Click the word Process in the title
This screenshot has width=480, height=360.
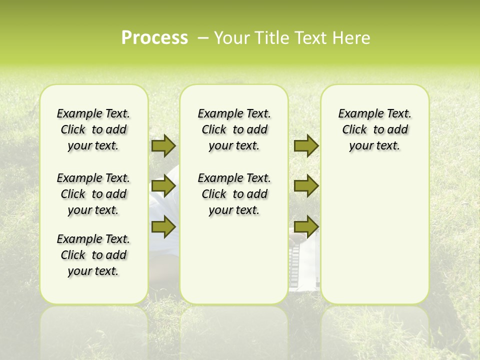pyautogui.click(x=154, y=38)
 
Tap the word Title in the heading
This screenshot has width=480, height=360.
pyautogui.click(x=274, y=38)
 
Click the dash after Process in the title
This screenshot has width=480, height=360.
pyautogui.click(x=203, y=38)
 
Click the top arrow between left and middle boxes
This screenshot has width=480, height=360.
pyautogui.click(x=163, y=145)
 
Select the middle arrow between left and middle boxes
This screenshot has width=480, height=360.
pyautogui.click(x=163, y=186)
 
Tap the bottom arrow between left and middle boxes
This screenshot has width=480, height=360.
pyautogui.click(x=163, y=227)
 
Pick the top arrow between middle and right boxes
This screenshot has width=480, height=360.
pyautogui.click(x=306, y=145)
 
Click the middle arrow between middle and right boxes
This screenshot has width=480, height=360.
pyautogui.click(x=306, y=186)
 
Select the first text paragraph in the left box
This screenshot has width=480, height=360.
pyautogui.click(x=93, y=129)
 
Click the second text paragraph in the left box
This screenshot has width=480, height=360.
pyautogui.click(x=93, y=194)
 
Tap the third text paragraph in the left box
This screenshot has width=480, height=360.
pyautogui.click(x=93, y=255)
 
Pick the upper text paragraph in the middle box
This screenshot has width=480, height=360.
pyautogui.click(x=234, y=129)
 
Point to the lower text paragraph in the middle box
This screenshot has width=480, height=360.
pyautogui.click(x=234, y=194)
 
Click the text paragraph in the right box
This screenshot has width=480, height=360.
pyautogui.click(x=374, y=129)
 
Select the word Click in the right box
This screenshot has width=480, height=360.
pyautogui.click(x=354, y=130)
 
